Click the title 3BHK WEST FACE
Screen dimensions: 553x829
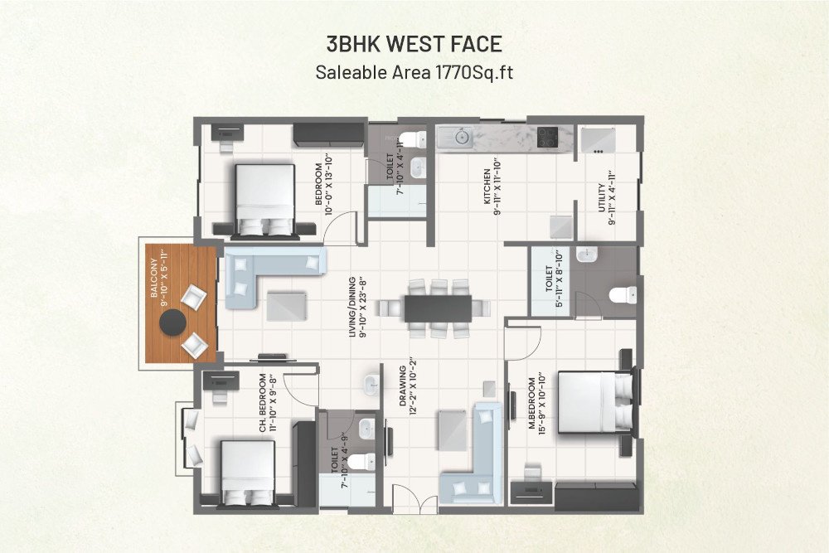pyautogui.click(x=414, y=44)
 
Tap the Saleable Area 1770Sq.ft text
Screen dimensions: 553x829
pyautogui.click(x=414, y=72)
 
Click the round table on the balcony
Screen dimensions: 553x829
pyautogui.click(x=172, y=327)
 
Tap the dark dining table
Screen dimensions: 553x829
pyautogui.click(x=438, y=308)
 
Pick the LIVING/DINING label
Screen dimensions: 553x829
pyautogui.click(x=356, y=306)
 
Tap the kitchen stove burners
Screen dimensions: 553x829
pyautogui.click(x=548, y=137)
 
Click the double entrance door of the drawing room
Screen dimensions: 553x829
pyautogui.click(x=414, y=500)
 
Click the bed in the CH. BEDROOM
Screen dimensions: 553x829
pyautogui.click(x=247, y=473)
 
